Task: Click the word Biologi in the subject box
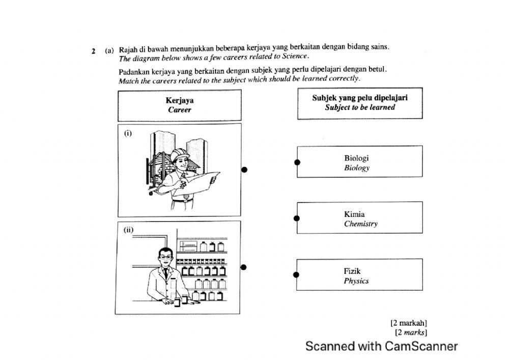point(356,158)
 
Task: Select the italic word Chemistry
point(360,224)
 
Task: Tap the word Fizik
point(352,271)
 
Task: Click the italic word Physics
point(356,281)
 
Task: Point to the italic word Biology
point(356,168)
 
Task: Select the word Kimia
point(354,214)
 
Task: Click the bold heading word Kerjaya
point(179,101)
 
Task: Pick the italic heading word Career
point(179,110)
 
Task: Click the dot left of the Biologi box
point(298,162)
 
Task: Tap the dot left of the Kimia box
point(298,218)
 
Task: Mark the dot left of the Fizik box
point(298,275)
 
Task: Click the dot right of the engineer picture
point(244,170)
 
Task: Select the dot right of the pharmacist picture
point(244,267)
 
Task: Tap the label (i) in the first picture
point(127,133)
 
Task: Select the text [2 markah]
point(408,322)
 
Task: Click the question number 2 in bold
point(94,51)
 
